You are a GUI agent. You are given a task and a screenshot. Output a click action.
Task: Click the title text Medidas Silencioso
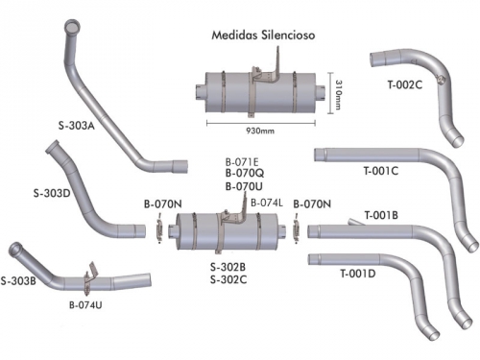263,35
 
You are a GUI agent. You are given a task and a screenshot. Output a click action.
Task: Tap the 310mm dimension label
338,95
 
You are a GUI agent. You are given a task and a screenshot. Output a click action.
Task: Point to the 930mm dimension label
260,131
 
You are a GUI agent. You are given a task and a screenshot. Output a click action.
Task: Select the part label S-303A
77,126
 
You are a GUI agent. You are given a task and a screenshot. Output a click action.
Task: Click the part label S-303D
52,193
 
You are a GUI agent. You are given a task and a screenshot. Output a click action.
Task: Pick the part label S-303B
18,281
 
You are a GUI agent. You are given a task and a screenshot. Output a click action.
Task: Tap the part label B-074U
85,305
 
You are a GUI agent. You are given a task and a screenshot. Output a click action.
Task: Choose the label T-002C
405,84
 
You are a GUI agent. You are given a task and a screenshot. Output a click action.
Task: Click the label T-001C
381,171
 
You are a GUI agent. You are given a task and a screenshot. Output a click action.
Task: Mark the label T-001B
381,215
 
